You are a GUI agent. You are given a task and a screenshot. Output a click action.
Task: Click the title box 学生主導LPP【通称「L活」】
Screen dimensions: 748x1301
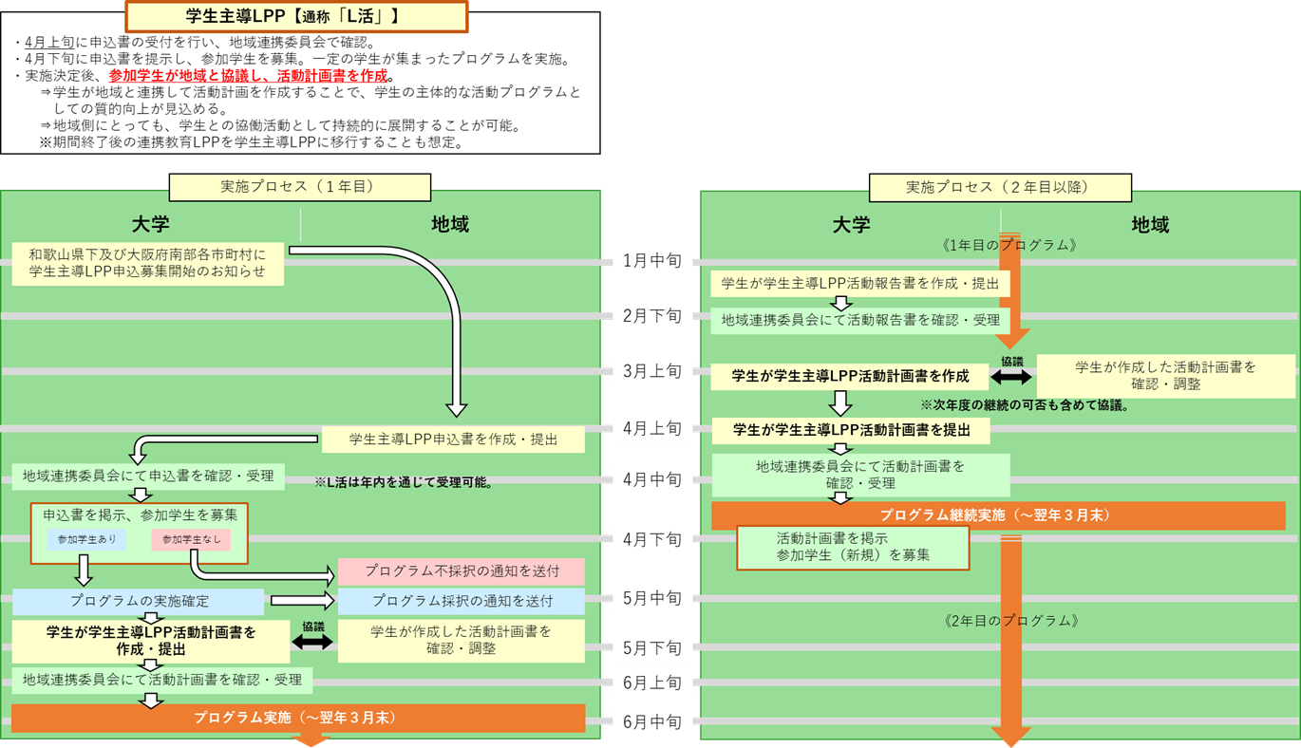[295, 16]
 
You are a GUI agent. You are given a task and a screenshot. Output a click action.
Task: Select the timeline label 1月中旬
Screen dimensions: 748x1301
[652, 259]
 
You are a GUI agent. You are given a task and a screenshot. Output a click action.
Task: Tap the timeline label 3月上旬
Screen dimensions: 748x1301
[652, 372]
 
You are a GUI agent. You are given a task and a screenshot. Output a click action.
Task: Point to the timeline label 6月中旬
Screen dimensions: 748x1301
[652, 722]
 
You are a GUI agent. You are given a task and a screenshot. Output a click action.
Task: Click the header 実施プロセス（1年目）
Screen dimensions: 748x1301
[299, 188]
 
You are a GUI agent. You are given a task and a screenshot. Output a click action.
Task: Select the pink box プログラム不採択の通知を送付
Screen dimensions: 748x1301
[462, 572]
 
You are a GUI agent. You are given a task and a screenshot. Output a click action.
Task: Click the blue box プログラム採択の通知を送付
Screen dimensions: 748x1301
[462, 601]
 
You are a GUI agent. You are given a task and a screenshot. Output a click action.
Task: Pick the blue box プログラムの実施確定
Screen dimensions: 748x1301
[139, 602]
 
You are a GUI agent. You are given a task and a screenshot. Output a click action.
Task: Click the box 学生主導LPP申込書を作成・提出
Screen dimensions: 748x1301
[453, 439]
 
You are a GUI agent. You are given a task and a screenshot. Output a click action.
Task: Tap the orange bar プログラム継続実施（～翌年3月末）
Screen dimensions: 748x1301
[998, 515]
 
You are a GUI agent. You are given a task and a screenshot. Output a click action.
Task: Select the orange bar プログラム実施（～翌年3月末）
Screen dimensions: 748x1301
[298, 718]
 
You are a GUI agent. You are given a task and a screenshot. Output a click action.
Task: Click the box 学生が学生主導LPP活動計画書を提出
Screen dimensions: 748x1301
[851, 430]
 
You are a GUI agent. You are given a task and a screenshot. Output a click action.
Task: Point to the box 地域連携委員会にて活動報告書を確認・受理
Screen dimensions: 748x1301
[859, 320]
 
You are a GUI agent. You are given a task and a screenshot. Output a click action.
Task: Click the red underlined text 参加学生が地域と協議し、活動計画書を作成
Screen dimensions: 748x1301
[249, 75]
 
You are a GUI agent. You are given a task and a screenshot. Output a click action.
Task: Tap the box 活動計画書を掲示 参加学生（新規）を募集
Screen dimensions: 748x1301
[853, 547]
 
